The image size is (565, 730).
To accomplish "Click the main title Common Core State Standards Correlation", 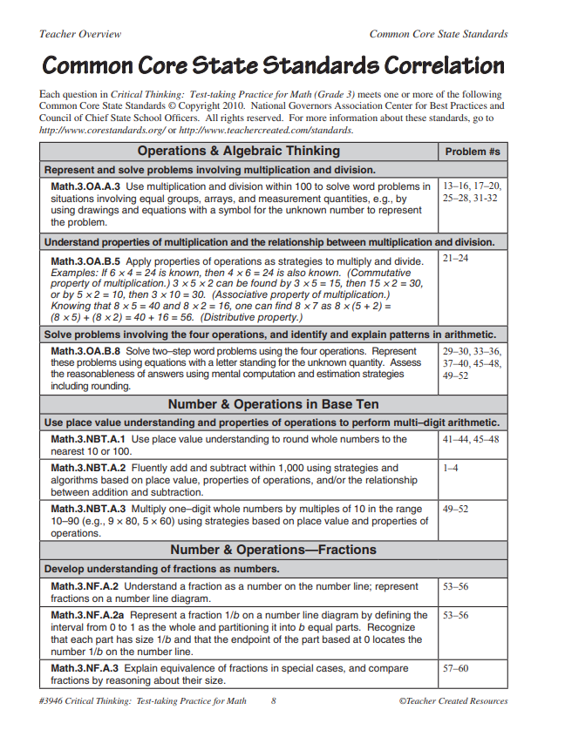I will (273, 65).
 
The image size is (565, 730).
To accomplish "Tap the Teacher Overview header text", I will (80, 34).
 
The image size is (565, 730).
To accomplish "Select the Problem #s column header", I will (473, 152).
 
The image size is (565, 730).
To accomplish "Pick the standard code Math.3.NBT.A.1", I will (89, 439).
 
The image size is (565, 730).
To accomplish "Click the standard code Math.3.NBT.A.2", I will (89, 468).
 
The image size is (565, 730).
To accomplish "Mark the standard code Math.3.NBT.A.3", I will (89, 509).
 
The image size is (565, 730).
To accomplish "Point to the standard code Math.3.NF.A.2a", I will (92, 615).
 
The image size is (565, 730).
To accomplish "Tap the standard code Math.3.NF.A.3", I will (87, 668).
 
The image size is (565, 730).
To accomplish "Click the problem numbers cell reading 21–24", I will (455, 260).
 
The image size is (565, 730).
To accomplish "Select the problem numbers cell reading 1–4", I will (450, 468).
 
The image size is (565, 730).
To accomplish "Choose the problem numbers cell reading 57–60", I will (455, 668).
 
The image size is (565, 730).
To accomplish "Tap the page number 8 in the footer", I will (273, 700).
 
